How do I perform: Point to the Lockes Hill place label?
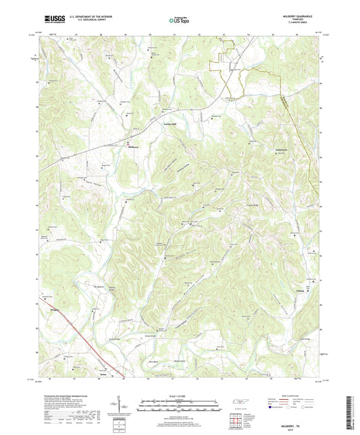click(x=174, y=125)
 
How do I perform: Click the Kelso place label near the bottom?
click(x=103, y=372)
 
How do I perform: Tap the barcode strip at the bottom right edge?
click(x=353, y=412)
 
